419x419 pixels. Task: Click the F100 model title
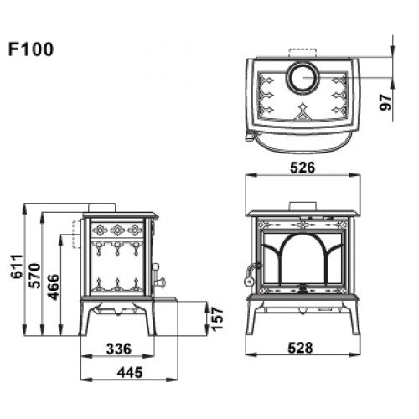(31, 49)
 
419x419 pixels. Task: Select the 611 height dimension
(17, 266)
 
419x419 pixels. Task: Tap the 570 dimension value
(35, 276)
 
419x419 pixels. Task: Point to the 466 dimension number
(54, 287)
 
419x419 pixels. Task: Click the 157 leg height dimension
(217, 318)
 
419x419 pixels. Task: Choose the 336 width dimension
(119, 349)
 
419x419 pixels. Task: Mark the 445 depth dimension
(130, 372)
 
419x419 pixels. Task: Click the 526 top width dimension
(303, 168)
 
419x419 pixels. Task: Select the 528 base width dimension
(301, 348)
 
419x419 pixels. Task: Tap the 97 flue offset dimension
(386, 102)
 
